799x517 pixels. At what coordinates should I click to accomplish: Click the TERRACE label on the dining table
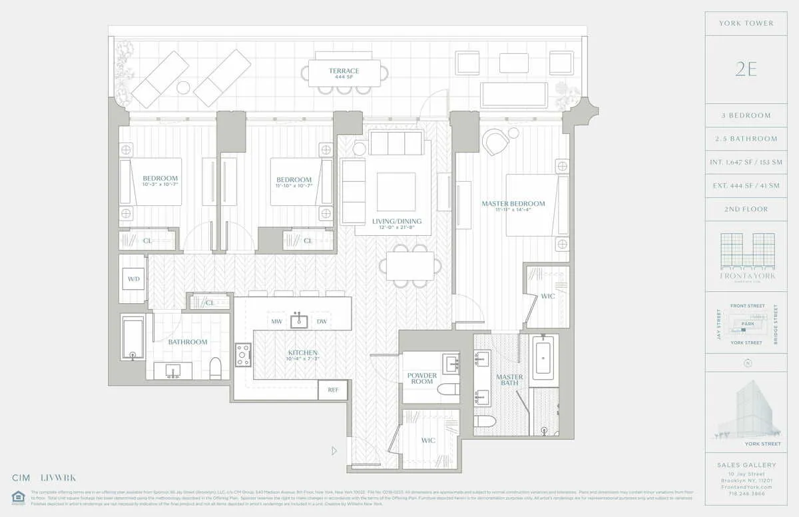(x=344, y=71)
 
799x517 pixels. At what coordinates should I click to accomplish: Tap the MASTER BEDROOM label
(x=514, y=204)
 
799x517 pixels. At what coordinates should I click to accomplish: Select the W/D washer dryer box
(x=133, y=278)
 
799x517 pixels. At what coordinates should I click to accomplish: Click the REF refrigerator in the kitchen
(x=333, y=390)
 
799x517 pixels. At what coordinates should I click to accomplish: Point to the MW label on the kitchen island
(x=276, y=322)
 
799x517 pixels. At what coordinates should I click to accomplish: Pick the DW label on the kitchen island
(x=322, y=322)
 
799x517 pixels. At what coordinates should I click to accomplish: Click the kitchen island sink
(x=299, y=321)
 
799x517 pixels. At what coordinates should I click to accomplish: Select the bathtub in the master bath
(x=544, y=357)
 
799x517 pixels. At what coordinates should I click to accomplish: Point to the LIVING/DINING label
(x=393, y=222)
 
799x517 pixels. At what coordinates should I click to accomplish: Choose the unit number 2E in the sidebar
(x=746, y=69)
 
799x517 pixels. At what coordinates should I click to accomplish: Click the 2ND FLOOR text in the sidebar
(x=746, y=209)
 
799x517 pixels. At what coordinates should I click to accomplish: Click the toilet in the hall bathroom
(x=215, y=368)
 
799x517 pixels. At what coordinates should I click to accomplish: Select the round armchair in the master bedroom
(x=495, y=142)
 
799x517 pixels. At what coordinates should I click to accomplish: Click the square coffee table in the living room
(x=396, y=191)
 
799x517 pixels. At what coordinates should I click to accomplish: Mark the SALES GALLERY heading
(x=746, y=465)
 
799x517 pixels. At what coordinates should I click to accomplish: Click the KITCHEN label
(x=302, y=352)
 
